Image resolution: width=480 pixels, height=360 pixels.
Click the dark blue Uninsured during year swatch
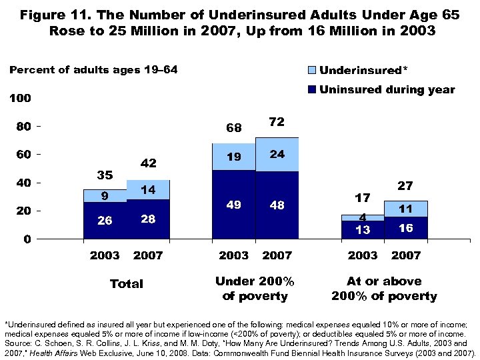point(311,90)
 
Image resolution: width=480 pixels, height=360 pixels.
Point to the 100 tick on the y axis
point(20,99)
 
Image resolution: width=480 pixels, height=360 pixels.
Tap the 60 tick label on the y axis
point(23,155)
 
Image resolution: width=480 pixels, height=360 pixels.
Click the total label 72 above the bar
point(277,122)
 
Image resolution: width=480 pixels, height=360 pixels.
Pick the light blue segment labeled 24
point(277,155)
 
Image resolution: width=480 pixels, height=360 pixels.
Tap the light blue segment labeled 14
point(148,190)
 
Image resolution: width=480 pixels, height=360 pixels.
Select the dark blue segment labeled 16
point(405,227)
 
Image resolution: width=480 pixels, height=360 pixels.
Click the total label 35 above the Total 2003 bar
point(105,175)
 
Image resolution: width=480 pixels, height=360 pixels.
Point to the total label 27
point(405,186)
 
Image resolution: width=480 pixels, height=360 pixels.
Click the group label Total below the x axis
point(126,284)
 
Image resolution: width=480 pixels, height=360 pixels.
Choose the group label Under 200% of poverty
point(255,289)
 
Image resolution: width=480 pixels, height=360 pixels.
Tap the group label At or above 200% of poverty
point(384,289)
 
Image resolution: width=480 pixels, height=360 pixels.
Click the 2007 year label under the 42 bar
point(148,255)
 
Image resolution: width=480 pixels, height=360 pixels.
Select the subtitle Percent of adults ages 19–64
point(93,70)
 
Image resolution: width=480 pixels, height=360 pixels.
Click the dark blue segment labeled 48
point(277,205)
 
